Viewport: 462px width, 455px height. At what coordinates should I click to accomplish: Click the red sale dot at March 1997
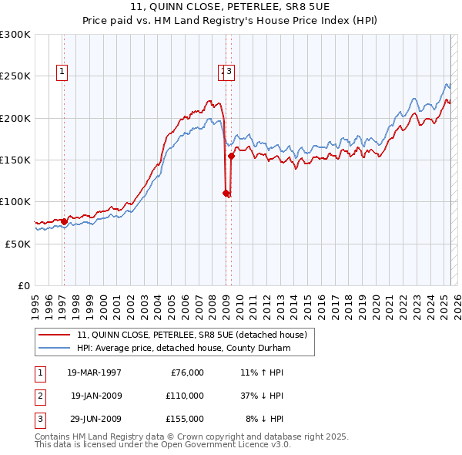(64, 222)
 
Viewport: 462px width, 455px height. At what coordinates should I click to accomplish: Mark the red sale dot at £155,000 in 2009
(231, 156)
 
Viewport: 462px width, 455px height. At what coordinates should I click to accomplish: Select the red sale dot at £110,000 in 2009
(226, 194)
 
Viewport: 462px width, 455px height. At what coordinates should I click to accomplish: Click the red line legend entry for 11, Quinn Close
(192, 335)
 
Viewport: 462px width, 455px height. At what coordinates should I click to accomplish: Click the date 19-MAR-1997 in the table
(94, 372)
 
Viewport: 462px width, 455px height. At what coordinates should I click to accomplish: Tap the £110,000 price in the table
(185, 396)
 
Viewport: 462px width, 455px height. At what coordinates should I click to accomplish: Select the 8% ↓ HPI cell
(265, 419)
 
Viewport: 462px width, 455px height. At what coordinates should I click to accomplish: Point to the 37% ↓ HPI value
(263, 396)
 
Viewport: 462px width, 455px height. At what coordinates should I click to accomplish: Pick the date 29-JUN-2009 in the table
(96, 419)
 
